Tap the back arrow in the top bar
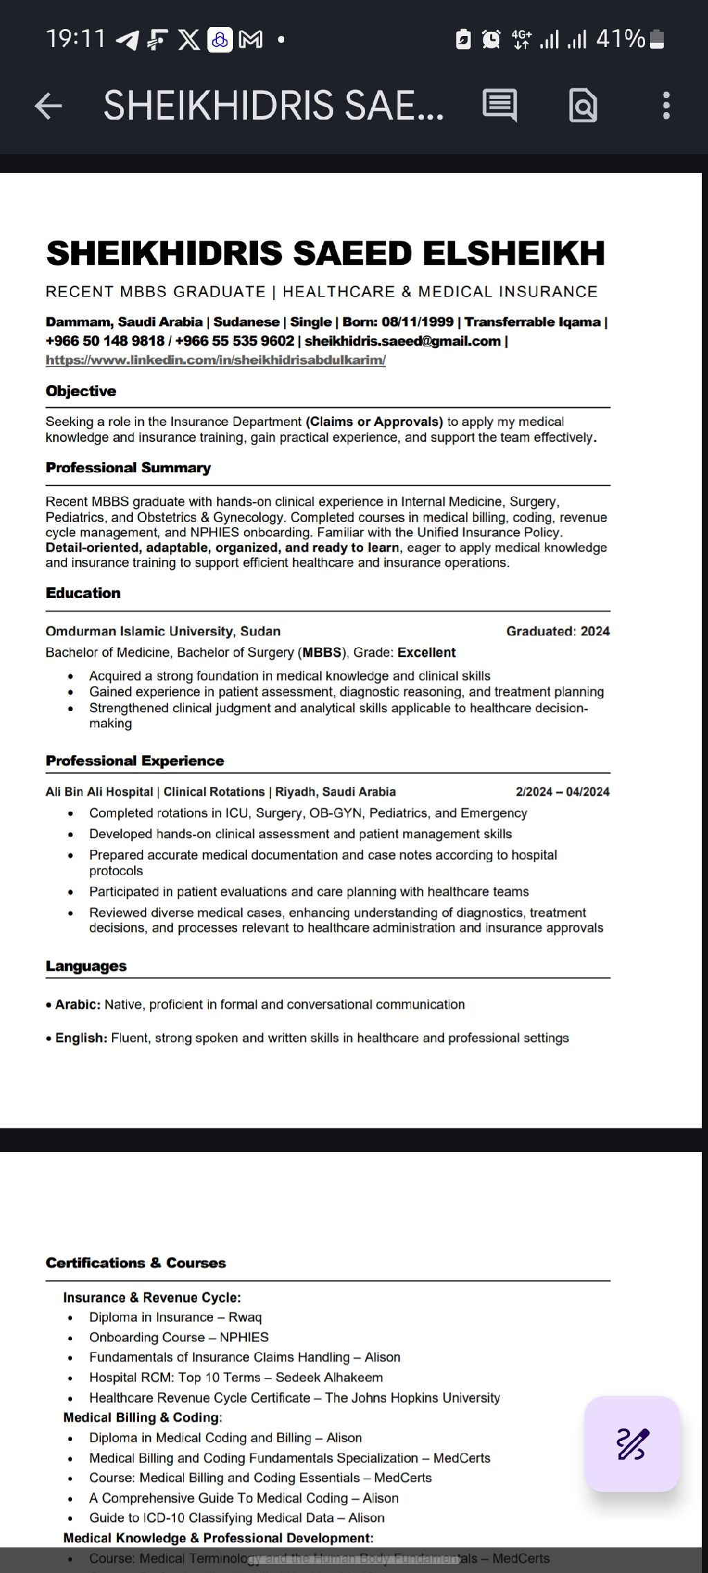tap(48, 106)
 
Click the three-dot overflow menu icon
tap(666, 106)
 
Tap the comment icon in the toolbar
tap(499, 106)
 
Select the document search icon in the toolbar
tap(583, 106)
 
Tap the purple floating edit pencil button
tap(632, 1444)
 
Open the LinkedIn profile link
tap(216, 360)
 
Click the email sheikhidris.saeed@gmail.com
tap(402, 341)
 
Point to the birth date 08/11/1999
tap(418, 322)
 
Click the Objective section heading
tap(81, 391)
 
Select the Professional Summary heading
tap(128, 468)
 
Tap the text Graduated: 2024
tap(558, 631)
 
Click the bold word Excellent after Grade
tap(427, 653)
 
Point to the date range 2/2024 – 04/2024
tap(563, 792)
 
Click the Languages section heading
tap(86, 967)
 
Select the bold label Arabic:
tap(77, 1005)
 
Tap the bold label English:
tap(81, 1039)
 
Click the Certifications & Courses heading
tap(136, 1263)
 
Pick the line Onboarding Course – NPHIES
tap(178, 1337)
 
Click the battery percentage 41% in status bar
tap(620, 39)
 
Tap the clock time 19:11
tap(75, 39)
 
